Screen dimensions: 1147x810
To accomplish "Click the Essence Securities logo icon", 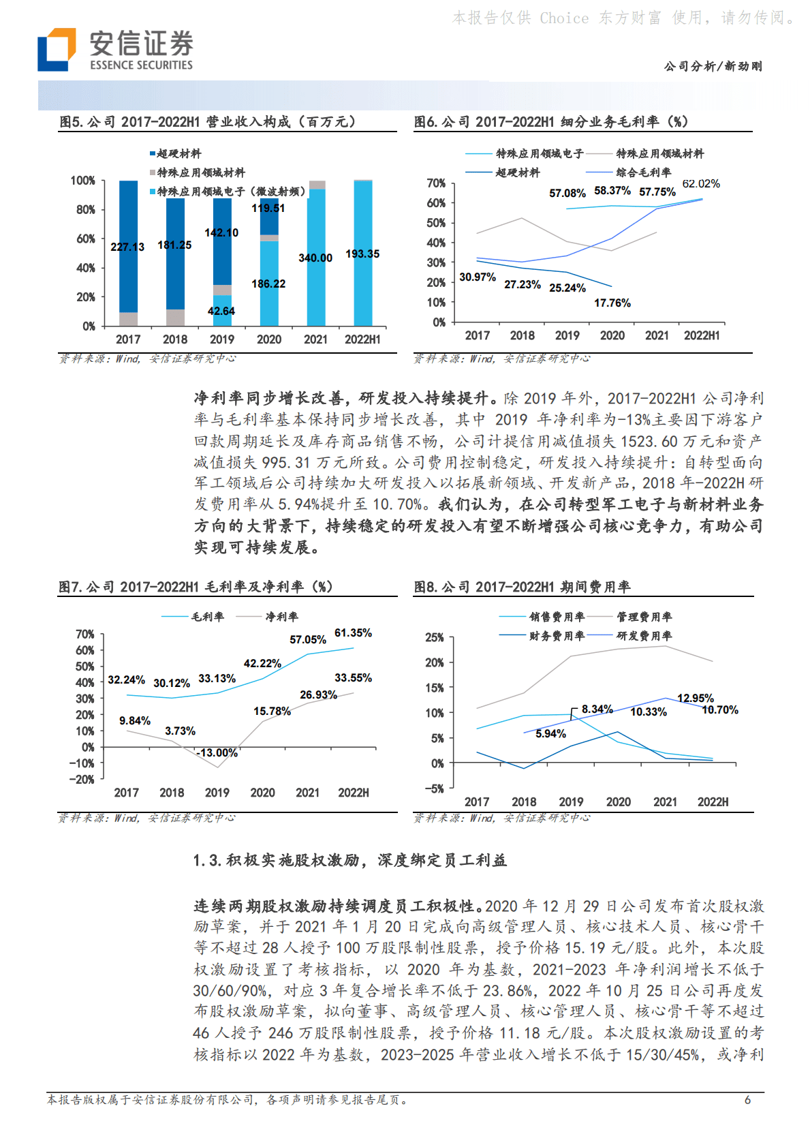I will coord(57,49).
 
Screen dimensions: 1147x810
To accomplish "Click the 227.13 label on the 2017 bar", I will coord(127,247).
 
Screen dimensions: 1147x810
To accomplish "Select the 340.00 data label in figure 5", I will coord(315,258).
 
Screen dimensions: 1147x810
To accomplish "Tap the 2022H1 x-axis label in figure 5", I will coord(362,339).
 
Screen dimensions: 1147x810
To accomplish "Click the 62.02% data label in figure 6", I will coord(701,184).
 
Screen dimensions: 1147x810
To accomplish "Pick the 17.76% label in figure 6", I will coord(612,303).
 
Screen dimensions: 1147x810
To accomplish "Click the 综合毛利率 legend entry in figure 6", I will coord(643,172).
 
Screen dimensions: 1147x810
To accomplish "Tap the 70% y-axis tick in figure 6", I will coord(436,183).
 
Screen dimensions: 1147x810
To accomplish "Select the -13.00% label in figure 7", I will coord(217,753).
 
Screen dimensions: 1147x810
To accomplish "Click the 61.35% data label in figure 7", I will coord(353,633).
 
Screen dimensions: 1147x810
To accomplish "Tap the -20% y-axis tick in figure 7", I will coord(82,780).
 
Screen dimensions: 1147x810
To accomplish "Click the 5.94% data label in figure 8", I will coord(550,734).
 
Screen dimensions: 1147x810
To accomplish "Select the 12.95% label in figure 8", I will coord(695,699).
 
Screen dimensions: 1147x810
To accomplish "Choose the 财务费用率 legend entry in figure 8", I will coord(556,636).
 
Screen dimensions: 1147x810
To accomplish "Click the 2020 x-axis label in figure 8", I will coord(618,802).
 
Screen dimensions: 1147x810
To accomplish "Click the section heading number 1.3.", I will coord(207,861).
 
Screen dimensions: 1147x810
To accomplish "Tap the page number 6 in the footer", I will coord(747,1100).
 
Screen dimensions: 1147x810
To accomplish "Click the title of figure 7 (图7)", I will coord(196,587).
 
